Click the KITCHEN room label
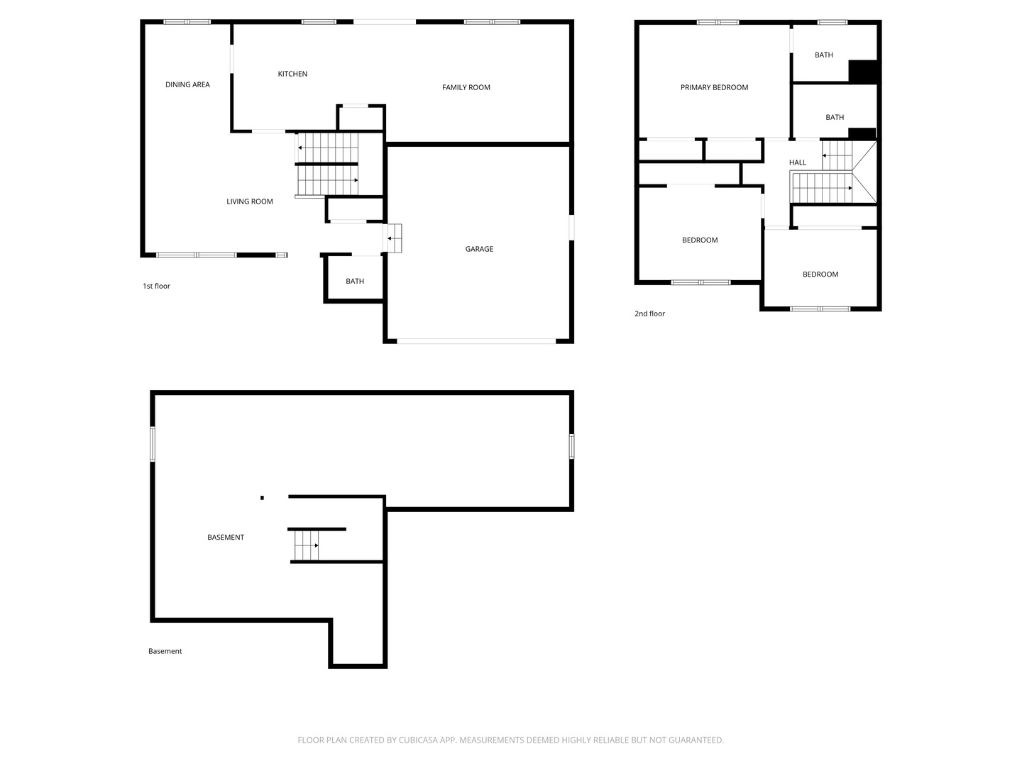(x=292, y=74)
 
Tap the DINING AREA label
(x=187, y=84)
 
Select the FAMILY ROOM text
(x=466, y=87)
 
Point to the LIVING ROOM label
(x=250, y=201)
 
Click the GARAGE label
(x=478, y=249)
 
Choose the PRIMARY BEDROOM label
(x=714, y=87)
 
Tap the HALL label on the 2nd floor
(x=797, y=162)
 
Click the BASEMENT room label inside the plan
(x=226, y=537)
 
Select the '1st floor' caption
(x=156, y=286)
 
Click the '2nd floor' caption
(x=649, y=313)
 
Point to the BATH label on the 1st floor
(x=354, y=281)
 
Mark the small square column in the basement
(x=262, y=498)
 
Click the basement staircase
(x=306, y=545)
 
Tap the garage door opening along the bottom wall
(x=476, y=341)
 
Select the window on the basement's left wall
(x=153, y=444)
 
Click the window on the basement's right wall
(x=571, y=446)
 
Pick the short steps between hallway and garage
(x=393, y=238)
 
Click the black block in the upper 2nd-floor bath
(x=863, y=72)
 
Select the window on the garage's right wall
(x=571, y=228)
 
